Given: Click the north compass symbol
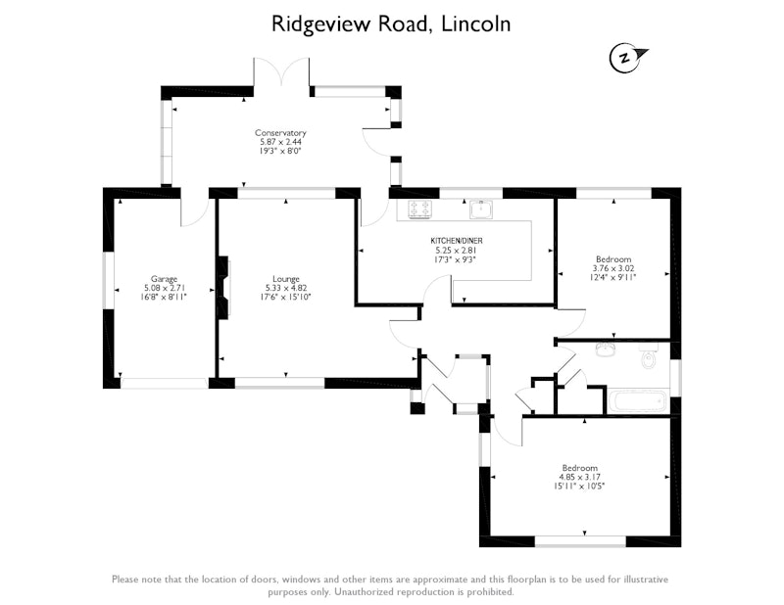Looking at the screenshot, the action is [627, 58].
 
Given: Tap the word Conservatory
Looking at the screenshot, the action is [280, 133].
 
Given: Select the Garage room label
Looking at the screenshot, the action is [164, 279].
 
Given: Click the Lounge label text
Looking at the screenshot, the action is [286, 279].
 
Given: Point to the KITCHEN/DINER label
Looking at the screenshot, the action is [457, 241].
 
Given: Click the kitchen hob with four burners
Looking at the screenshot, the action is [419, 209].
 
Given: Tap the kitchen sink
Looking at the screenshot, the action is [481, 209].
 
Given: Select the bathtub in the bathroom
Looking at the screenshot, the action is [639, 401].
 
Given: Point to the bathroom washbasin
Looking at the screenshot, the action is [606, 349].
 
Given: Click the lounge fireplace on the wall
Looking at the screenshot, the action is [223, 286].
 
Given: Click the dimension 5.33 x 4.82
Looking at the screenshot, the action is [286, 288].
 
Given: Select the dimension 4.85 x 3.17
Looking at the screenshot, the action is [580, 477].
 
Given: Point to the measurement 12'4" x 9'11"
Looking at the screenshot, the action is [613, 277].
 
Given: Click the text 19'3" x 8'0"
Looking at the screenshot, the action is [280, 151].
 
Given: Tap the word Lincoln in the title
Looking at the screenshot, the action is [475, 23].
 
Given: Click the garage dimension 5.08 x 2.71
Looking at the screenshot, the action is [164, 288].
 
